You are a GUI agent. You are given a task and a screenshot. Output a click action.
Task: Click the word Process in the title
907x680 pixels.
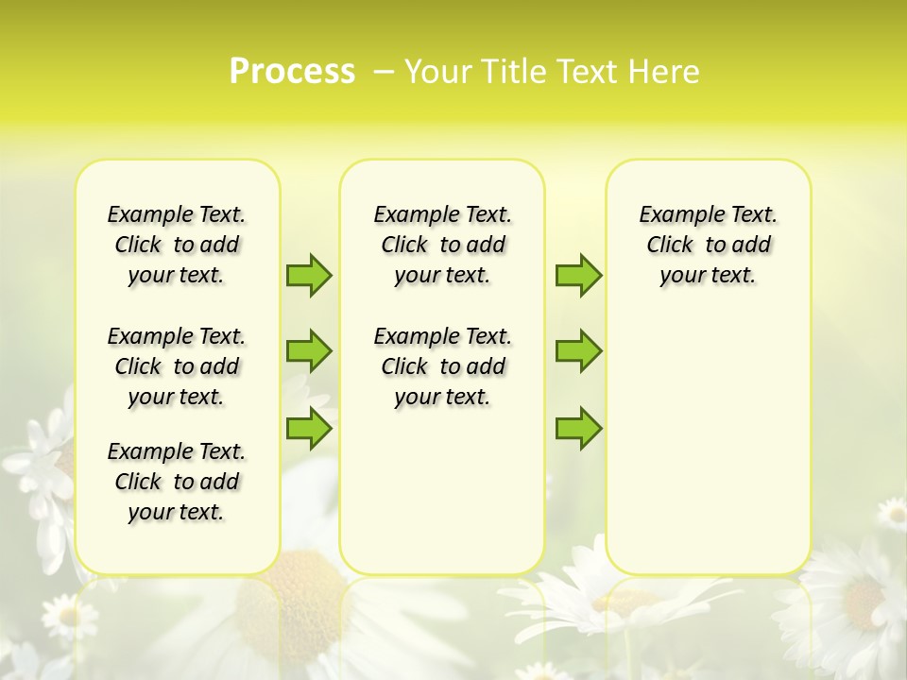pos(292,72)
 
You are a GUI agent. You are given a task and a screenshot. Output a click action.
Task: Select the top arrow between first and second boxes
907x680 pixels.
pos(309,275)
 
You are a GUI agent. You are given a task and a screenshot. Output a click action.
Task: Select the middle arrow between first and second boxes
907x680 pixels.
pos(309,351)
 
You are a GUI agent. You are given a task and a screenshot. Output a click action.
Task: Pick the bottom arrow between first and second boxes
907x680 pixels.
pos(309,429)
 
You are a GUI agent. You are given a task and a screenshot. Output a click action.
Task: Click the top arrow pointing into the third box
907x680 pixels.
pos(578,275)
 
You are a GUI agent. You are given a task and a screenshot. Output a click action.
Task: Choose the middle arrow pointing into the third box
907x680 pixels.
pos(578,351)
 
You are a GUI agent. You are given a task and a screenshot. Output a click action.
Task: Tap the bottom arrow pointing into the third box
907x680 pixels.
pos(578,429)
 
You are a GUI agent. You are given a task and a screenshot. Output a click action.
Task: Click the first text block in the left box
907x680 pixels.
pos(177,245)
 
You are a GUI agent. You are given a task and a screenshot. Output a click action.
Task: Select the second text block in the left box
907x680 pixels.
pos(177,366)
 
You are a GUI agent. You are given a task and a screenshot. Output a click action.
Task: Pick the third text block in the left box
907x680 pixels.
pos(177,482)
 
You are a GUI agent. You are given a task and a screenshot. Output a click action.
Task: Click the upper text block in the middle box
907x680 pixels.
pos(442,245)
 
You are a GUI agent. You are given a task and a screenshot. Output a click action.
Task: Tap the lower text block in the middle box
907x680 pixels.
pos(442,366)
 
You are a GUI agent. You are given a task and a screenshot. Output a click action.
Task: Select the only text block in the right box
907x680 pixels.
pos(708,245)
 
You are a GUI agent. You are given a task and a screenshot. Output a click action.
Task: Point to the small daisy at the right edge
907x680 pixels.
pos(892,513)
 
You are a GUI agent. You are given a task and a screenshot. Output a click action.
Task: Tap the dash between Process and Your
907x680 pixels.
pos(383,72)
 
